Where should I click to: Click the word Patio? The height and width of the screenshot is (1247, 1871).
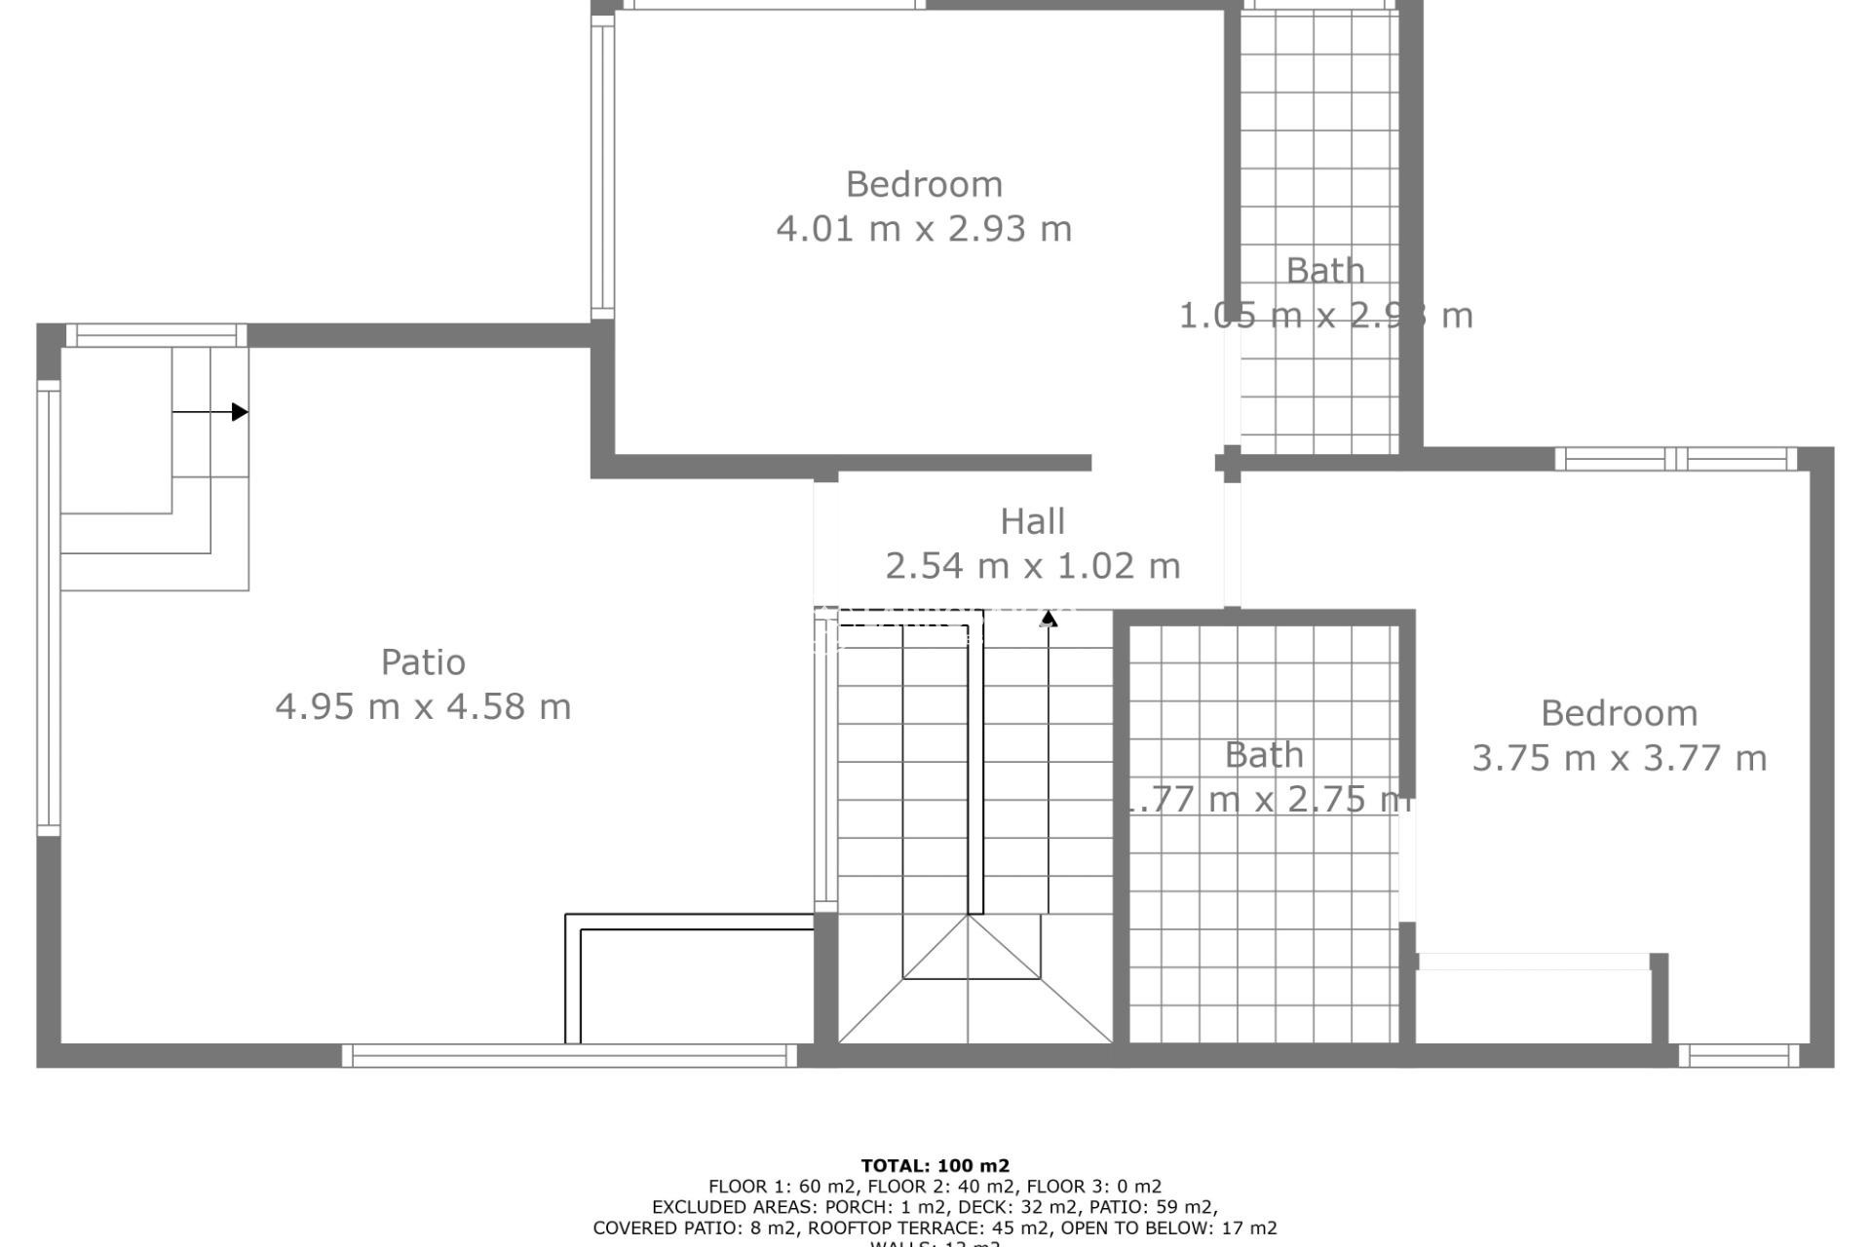pos(423,662)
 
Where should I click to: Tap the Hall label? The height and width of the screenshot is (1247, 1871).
pos(1032,521)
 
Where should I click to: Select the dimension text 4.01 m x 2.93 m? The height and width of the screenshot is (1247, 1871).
pos(924,229)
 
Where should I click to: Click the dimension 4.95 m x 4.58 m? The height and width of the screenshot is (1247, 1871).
pos(423,706)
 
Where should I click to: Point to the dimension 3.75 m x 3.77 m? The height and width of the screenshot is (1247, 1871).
pos(1619,758)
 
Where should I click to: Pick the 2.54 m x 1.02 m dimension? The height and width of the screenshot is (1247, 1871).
pos(1032,565)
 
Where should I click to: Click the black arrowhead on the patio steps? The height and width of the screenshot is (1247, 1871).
pos(240,412)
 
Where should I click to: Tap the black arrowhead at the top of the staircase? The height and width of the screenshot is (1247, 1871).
pos(1049,618)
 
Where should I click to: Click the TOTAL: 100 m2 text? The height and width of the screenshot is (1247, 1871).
pos(935,1165)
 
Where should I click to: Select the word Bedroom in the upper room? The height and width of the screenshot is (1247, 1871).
pos(924,184)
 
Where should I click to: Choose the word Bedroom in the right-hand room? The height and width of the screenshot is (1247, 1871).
pos(1619,713)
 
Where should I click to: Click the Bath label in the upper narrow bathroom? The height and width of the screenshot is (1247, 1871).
pos(1324,271)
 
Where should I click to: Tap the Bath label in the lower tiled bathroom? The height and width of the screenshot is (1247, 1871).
pos(1263,755)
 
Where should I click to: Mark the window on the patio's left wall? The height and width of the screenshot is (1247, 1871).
pos(48,608)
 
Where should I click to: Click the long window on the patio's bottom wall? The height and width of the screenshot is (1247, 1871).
pos(569,1055)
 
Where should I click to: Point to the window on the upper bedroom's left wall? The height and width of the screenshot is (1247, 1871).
pos(602,167)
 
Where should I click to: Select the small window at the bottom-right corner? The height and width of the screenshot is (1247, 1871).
pos(1738,1055)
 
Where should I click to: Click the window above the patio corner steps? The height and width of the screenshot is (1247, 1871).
pos(156,335)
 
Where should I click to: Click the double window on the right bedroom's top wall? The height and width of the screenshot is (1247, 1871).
pos(1675,458)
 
